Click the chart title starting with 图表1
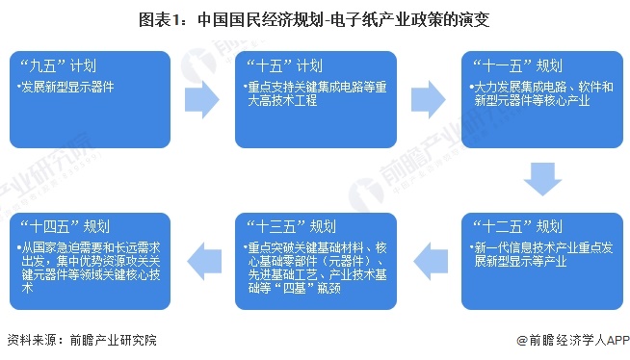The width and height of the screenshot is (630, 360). tap(314, 16)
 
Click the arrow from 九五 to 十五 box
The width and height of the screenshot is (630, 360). tap(201, 96)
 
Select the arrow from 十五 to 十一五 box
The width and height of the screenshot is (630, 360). tap(428, 96)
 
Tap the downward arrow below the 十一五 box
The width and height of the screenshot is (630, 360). tap(541, 179)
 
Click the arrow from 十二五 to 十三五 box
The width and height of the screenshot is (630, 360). tap(428, 255)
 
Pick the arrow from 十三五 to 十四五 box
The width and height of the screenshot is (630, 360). tap(201, 255)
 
